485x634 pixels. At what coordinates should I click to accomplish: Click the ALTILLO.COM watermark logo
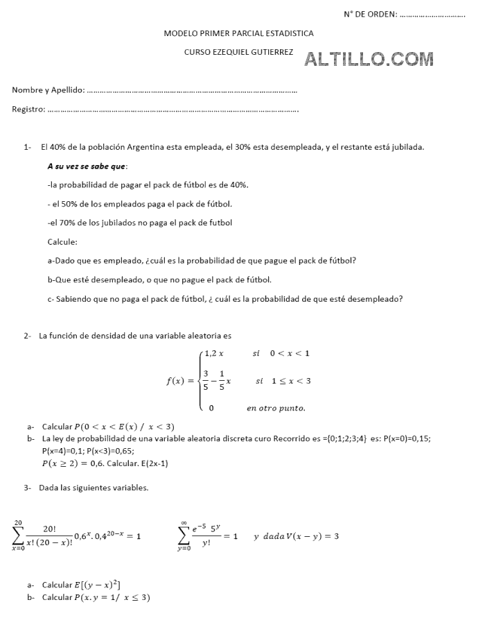369,59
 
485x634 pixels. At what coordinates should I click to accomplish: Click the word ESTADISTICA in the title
286,33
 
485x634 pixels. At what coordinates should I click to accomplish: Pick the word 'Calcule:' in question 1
62,242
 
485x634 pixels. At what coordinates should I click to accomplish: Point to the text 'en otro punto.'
276,408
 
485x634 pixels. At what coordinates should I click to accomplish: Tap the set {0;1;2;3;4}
343,439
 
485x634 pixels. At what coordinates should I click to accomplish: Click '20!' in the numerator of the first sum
50,528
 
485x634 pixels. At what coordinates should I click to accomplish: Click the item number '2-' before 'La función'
28,336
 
